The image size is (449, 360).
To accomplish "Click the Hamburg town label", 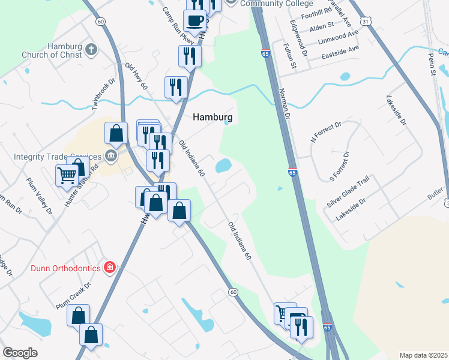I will (212, 118).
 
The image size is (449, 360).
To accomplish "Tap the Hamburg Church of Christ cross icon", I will (91, 49).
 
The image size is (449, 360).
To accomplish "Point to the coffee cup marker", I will (194, 21).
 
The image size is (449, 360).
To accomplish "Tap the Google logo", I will (20, 353).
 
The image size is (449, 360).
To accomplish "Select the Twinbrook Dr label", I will (103, 95).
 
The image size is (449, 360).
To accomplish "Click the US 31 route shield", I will (366, 21).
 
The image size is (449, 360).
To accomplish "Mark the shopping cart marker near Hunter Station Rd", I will (66, 176).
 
